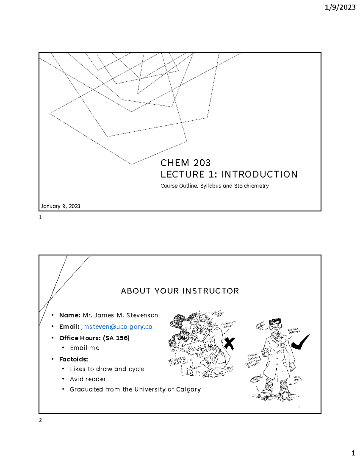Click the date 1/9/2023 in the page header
[340, 8]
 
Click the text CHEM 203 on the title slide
[185, 163]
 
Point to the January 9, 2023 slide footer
[61, 206]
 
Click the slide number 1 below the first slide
[40, 218]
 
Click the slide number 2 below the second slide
[40, 420]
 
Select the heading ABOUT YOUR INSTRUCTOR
[180, 291]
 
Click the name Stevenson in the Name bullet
[142, 315]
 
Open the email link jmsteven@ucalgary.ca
[117, 326]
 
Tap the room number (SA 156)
[116, 338]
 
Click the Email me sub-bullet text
[85, 348]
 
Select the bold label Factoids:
[73, 359]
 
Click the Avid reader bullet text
[88, 379]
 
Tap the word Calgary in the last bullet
[188, 389]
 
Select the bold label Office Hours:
[80, 338]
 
